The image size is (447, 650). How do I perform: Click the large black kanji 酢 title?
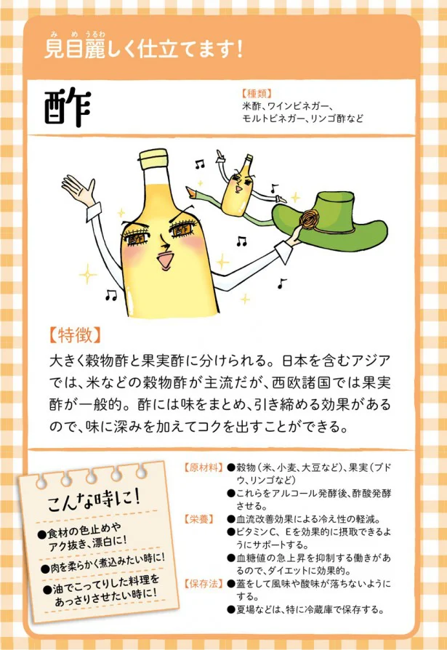tap(68, 108)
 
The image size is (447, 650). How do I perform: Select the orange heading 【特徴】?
tap(75, 336)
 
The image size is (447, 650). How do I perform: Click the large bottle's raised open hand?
tap(78, 189)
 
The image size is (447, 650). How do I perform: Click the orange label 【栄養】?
tap(199, 519)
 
